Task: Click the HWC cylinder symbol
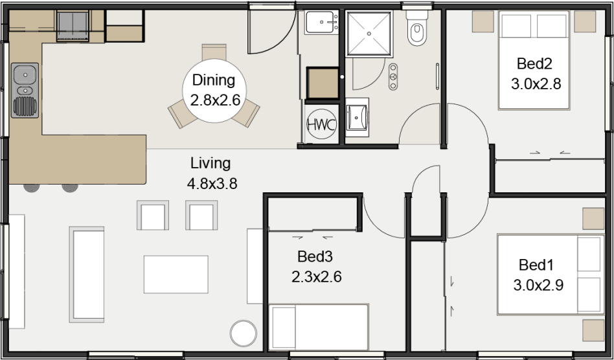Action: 321,125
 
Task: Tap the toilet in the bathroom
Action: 417,28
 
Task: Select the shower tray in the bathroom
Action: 369,34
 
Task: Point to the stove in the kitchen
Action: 73,26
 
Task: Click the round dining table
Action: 214,91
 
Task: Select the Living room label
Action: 210,163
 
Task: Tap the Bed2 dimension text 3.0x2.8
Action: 536,84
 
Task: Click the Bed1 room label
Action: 536,265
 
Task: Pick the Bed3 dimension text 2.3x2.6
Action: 317,277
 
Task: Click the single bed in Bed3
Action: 319,327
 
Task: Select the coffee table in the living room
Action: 176,275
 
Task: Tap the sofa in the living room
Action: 87,275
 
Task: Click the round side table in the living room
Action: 243,333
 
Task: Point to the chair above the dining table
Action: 214,52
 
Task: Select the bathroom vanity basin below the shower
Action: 357,117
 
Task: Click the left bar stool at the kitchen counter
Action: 31,188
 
